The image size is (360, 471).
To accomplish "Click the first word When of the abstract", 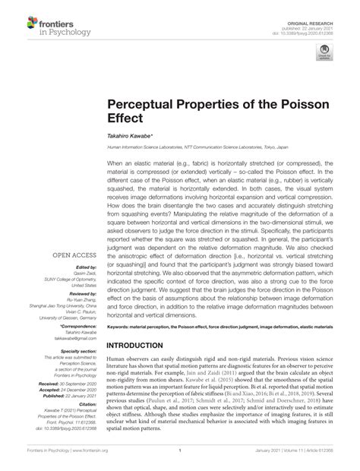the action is tap(115, 163).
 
